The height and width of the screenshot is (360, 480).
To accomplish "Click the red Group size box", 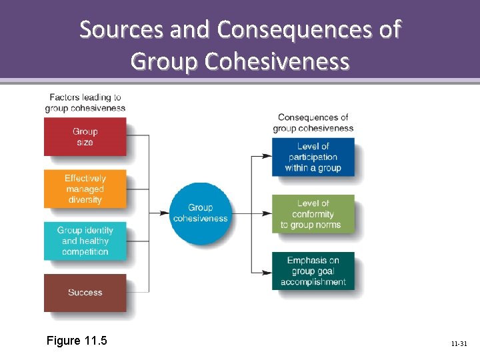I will (x=85, y=137).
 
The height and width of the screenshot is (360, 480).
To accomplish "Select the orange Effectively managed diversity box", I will (x=85, y=189).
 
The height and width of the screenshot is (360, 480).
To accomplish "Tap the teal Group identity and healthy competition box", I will (x=85, y=241).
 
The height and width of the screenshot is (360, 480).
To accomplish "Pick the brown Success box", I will (x=85, y=293).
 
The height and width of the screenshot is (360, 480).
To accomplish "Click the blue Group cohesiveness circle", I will (x=200, y=213).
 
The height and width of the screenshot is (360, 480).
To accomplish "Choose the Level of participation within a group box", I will (x=313, y=157).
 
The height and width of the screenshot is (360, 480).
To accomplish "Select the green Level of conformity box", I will (x=313, y=214).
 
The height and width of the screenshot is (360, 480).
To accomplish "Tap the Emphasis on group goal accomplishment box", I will (x=313, y=271).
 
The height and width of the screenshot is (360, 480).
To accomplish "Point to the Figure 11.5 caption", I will (x=77, y=341).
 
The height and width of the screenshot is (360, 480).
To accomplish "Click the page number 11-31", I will (x=459, y=344).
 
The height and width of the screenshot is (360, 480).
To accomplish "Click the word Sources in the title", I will (x=121, y=30).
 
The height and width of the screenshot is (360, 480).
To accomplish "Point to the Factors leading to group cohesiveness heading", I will (x=85, y=103).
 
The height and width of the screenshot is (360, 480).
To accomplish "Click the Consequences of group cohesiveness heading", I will (x=313, y=123).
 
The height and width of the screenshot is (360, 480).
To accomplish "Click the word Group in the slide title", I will (x=164, y=61).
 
